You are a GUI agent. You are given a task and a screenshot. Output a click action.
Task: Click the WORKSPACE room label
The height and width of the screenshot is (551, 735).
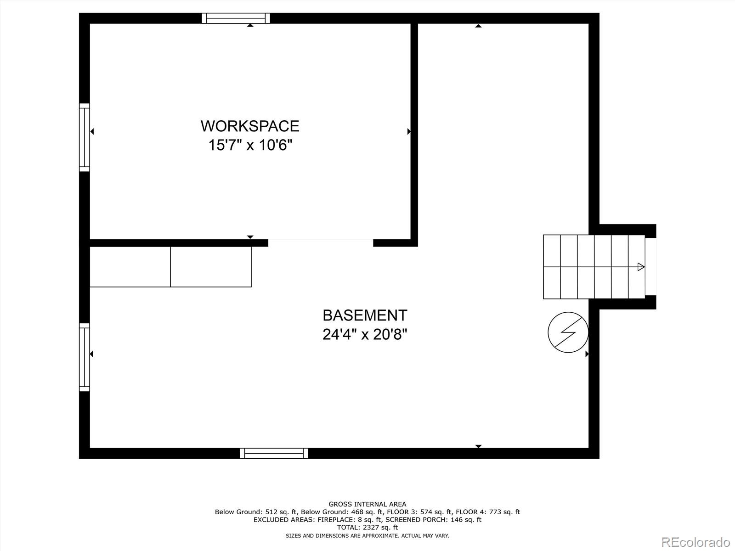click(250, 126)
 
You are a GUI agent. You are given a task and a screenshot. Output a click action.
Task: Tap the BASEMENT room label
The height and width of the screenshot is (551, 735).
click(365, 315)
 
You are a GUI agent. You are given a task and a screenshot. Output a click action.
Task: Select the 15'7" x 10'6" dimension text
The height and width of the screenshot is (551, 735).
click(250, 146)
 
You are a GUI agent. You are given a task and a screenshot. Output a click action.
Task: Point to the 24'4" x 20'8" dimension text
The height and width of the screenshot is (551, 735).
click(365, 335)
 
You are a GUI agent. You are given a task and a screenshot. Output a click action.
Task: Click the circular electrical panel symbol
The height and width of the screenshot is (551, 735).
click(568, 332)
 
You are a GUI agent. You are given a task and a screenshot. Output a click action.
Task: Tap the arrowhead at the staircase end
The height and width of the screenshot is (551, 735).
click(641, 267)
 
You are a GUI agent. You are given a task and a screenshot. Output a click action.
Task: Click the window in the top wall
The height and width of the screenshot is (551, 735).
click(236, 18)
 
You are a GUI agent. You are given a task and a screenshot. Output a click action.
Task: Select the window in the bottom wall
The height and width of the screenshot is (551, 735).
click(274, 453)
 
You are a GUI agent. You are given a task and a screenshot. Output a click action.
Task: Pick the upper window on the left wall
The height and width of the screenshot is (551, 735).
click(85, 137)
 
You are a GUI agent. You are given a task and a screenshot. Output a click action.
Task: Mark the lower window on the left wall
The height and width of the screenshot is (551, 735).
click(85, 357)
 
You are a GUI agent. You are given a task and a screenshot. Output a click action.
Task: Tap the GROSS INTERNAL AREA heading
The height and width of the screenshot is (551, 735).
click(367, 504)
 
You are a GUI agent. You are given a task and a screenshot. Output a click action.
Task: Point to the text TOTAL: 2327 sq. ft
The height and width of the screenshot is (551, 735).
click(367, 528)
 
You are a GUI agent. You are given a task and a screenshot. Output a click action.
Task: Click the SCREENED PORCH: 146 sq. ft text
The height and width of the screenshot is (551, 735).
click(433, 520)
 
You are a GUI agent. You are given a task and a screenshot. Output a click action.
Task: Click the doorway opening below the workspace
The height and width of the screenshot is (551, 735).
click(321, 242)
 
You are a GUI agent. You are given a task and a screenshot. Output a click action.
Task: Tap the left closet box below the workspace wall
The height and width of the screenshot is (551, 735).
click(130, 267)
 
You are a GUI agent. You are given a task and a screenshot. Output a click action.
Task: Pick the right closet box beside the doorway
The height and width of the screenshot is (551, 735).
click(211, 267)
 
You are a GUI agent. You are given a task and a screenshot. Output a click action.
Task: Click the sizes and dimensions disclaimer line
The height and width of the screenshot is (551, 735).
click(367, 535)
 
